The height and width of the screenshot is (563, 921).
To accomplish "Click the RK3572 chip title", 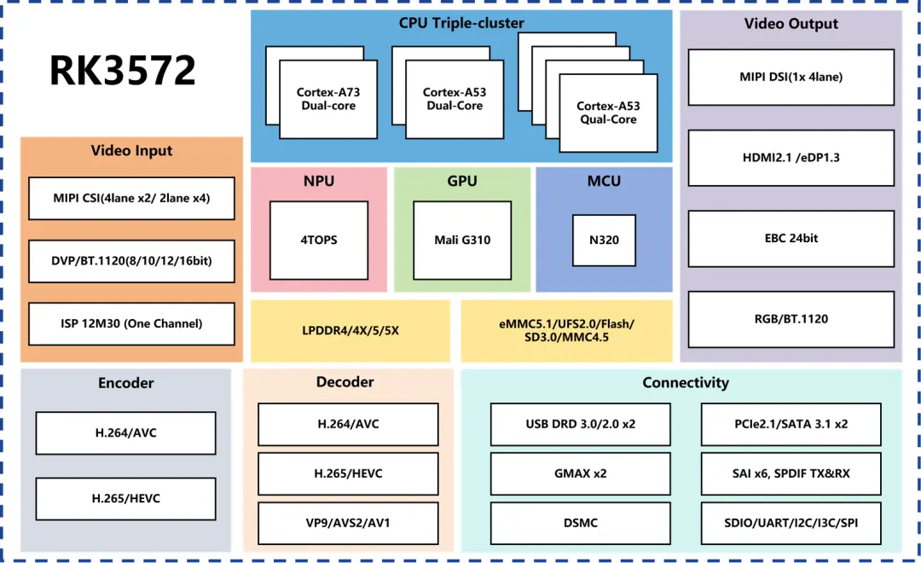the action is (122, 71).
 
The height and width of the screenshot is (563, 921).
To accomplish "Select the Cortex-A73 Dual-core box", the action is (328, 99).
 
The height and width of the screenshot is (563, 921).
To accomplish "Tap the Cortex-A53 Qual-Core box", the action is (608, 113).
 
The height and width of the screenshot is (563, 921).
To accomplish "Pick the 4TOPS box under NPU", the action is (319, 241).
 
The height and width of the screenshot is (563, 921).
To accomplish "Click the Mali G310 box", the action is (462, 241).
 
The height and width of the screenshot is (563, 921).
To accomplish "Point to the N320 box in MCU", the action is (604, 241).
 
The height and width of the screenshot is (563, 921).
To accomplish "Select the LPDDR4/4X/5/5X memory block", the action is (350, 331).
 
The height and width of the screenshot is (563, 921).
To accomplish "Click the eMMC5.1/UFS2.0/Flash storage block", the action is (567, 331).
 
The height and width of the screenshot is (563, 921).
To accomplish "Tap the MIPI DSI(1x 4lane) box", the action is (791, 77).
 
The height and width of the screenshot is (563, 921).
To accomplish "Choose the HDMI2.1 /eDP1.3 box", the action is (791, 158).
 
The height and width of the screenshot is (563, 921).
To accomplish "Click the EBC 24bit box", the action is (791, 239).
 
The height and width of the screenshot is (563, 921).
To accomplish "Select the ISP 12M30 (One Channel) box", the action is (131, 324).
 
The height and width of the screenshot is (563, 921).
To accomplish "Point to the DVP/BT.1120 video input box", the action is (131, 261).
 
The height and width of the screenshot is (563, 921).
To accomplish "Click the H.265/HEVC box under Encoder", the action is (125, 499).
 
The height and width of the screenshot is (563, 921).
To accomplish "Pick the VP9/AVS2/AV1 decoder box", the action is (348, 523).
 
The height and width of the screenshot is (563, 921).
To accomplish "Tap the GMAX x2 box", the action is (581, 473).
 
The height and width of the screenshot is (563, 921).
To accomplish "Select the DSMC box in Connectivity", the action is (581, 523).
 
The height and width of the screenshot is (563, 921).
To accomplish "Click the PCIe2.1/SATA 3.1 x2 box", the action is (791, 424).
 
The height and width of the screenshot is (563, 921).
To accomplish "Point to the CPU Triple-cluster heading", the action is (461, 23).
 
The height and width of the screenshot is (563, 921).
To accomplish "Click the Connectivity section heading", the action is (686, 382).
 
